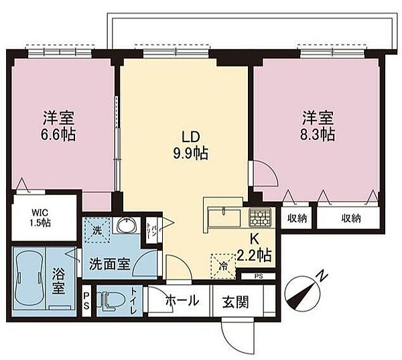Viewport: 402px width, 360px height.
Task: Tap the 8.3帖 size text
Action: click(x=318, y=133)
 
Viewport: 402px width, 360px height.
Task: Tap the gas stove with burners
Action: click(x=259, y=218)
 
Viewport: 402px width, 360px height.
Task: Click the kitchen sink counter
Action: click(x=224, y=217)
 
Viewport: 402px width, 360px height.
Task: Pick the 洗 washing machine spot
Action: click(x=98, y=229)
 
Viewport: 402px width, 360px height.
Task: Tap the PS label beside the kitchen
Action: click(x=259, y=276)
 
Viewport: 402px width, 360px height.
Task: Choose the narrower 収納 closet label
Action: click(x=298, y=219)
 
